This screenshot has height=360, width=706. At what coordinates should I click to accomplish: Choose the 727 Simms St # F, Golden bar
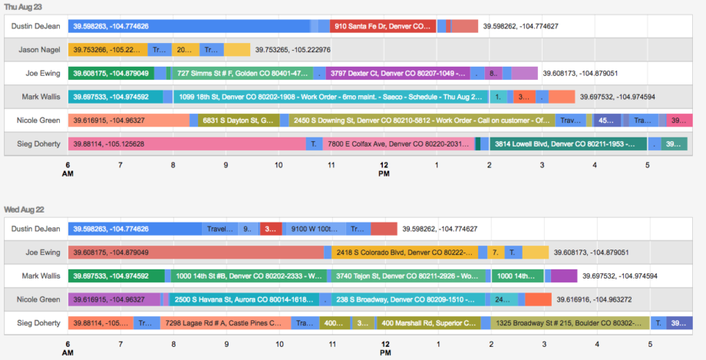(249, 74)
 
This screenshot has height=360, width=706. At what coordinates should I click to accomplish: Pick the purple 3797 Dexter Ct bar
(397, 74)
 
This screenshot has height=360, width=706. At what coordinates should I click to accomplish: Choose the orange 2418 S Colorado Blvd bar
(404, 252)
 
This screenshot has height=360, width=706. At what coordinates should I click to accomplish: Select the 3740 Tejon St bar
(408, 276)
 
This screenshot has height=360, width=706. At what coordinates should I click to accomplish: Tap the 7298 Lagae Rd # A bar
(226, 323)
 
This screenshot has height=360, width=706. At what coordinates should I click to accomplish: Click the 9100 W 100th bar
(314, 229)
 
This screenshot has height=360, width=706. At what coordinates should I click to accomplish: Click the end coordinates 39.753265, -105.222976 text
(293, 50)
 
